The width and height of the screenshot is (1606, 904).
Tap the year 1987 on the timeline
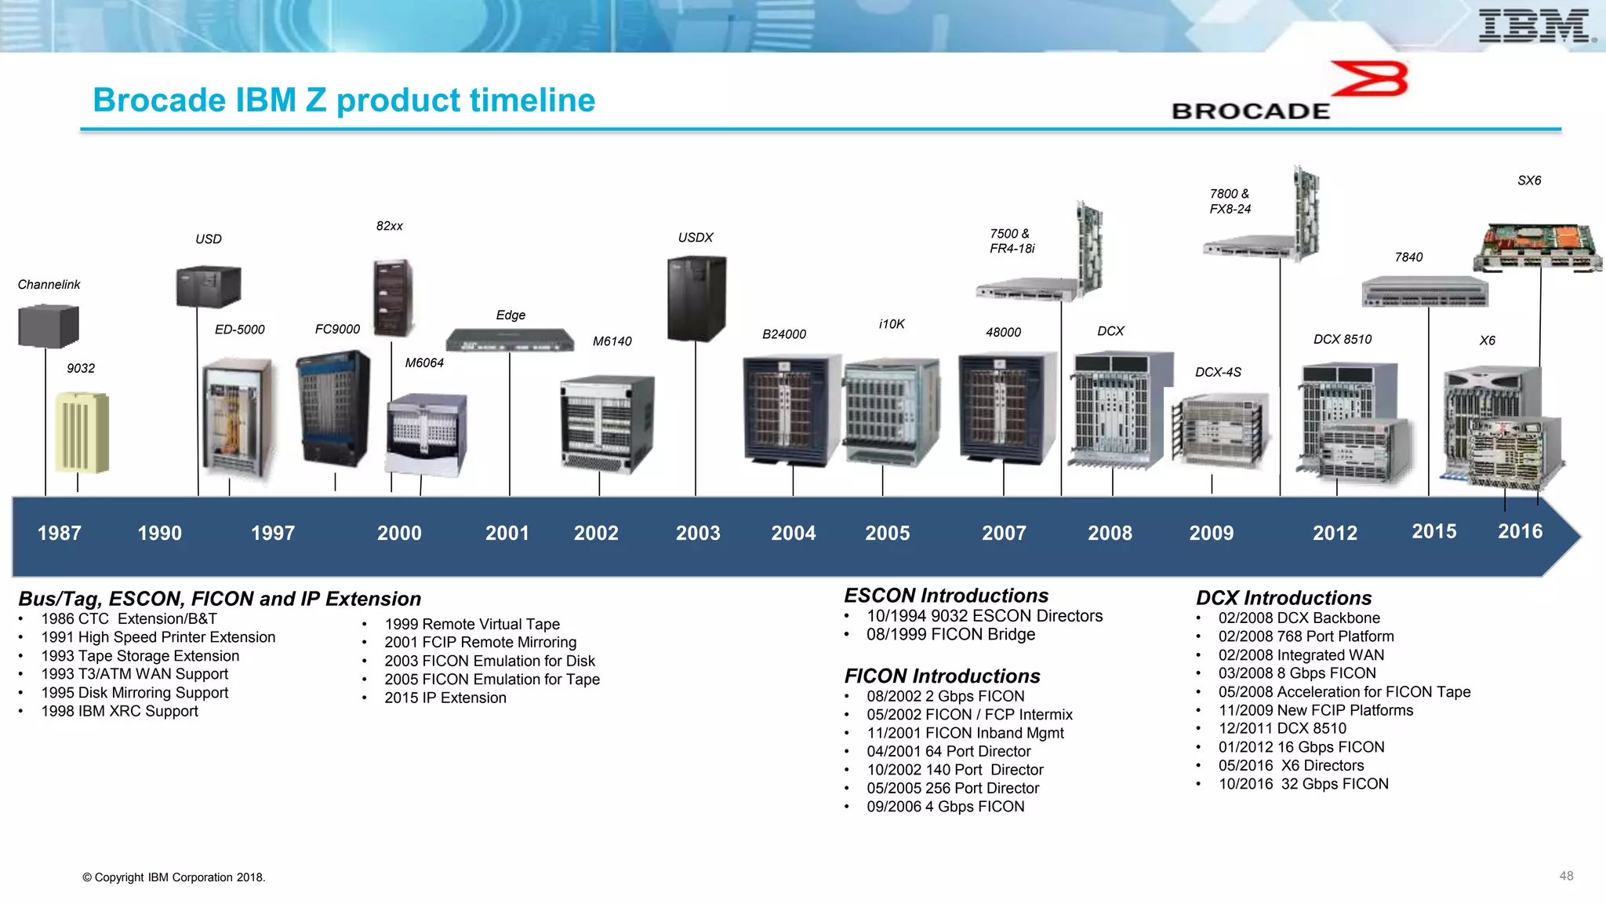click(60, 534)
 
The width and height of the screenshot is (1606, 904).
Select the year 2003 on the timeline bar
click(698, 534)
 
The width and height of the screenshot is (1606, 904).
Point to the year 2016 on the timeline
click(1520, 532)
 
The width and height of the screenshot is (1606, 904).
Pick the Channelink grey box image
click(49, 326)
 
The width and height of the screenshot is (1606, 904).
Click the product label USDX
click(696, 238)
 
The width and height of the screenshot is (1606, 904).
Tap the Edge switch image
click(510, 340)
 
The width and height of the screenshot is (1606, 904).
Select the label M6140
click(612, 341)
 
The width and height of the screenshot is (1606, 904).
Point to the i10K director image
click(891, 412)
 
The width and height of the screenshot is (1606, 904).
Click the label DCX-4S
click(1218, 372)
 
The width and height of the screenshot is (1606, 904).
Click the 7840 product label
click(1408, 257)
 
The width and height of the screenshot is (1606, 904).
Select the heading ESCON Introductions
click(946, 596)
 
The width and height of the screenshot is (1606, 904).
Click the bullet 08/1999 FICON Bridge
click(950, 635)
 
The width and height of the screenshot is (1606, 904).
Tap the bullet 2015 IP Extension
click(445, 698)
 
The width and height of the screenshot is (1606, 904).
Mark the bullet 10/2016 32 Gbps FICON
click(1303, 784)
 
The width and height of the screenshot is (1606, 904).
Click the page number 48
click(1566, 876)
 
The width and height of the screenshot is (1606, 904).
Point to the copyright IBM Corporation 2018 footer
click(174, 877)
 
